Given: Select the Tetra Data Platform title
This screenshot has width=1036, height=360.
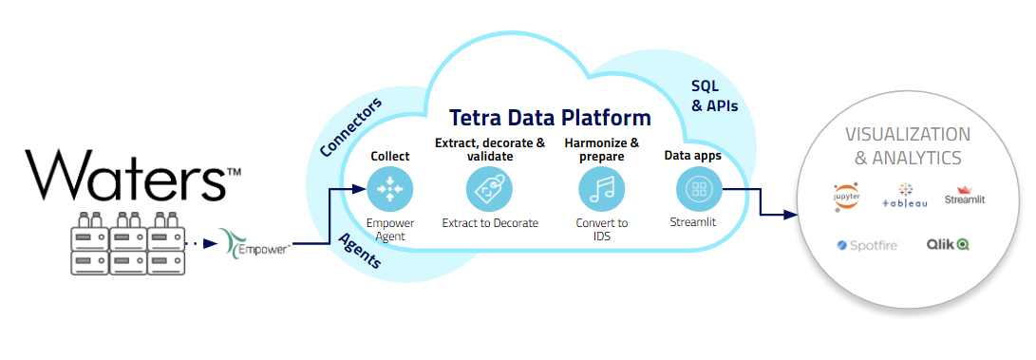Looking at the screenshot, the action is [x=551, y=118].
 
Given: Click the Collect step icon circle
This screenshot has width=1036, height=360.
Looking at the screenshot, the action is [x=390, y=189].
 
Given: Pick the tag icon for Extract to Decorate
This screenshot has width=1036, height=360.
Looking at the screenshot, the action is [x=490, y=189].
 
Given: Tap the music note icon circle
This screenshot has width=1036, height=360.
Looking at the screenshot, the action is [x=602, y=189].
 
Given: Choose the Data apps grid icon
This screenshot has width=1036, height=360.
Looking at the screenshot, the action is [x=698, y=189].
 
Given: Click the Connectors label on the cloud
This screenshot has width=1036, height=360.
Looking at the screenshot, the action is [x=351, y=127].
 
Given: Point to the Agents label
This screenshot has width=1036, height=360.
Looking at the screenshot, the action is [x=361, y=251].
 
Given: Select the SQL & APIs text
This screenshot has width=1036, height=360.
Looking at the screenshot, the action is [x=714, y=96].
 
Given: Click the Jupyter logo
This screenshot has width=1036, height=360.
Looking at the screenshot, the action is [x=846, y=197].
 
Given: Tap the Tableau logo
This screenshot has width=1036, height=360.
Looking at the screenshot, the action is [x=905, y=196].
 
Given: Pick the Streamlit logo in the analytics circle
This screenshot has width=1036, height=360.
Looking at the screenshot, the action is [x=965, y=195].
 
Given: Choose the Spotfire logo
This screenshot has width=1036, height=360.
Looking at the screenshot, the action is [x=868, y=245].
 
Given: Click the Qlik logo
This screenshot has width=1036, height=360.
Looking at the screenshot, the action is [x=948, y=244].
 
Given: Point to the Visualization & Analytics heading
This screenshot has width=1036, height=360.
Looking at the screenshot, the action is [x=908, y=146].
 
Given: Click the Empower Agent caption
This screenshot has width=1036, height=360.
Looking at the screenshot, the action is [x=390, y=229].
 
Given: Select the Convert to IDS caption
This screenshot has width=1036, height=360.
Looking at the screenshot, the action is [x=602, y=229].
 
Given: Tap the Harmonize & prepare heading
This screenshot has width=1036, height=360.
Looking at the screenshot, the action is [x=602, y=149].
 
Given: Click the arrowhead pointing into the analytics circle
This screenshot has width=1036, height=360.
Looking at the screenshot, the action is [x=789, y=215].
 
